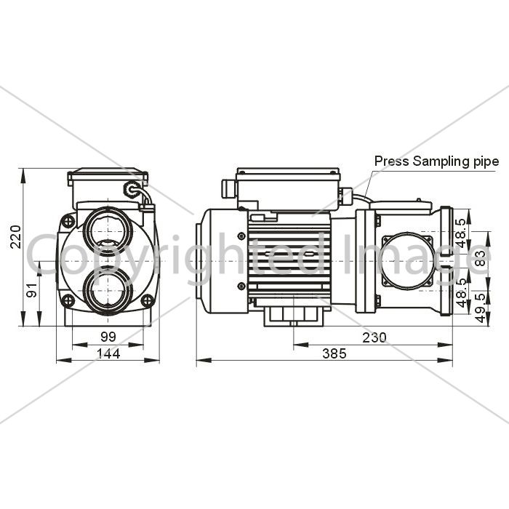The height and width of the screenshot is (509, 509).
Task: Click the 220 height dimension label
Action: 15,236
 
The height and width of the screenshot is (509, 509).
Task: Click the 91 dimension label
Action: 32,290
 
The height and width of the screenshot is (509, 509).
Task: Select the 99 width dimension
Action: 108,337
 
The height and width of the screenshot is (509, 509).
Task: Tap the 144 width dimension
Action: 109,353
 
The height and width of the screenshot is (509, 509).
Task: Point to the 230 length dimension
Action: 374,337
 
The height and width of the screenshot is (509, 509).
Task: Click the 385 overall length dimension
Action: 334,353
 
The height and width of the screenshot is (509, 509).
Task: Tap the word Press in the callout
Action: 392,161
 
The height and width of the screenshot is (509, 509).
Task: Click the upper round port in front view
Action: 108,231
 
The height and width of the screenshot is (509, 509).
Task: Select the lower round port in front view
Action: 108,290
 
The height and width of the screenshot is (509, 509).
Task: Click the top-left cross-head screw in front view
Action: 68,222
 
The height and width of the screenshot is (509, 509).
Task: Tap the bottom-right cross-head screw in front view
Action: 148,300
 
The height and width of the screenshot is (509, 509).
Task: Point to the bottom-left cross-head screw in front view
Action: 68,300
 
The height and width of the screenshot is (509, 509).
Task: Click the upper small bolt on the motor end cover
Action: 241,236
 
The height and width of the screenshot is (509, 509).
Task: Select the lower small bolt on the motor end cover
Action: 241,286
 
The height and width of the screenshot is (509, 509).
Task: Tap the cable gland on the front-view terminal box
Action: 132,188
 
